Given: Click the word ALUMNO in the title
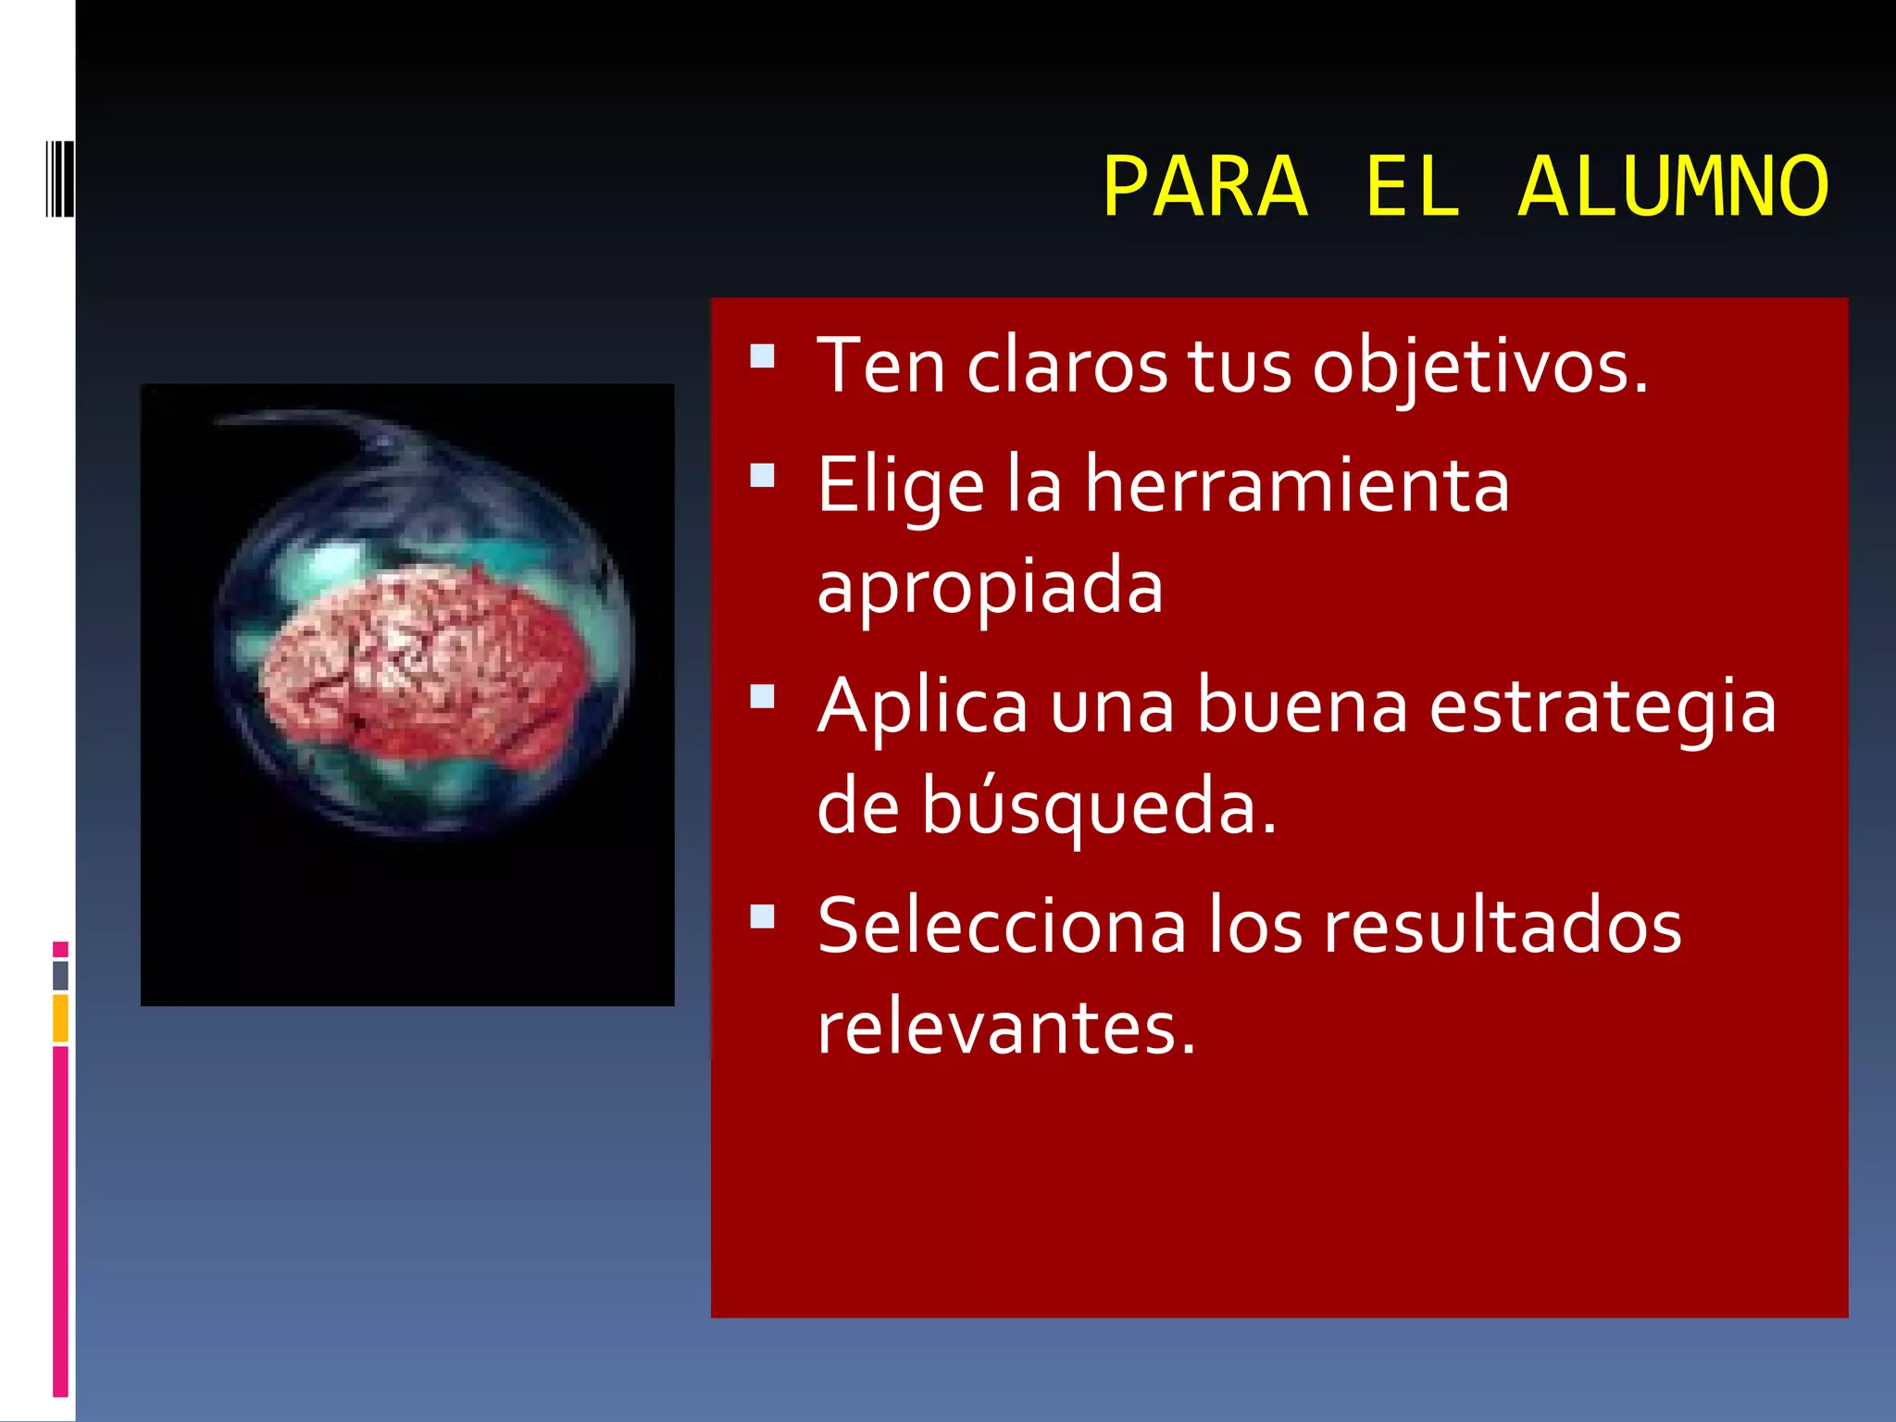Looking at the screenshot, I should (1674, 188).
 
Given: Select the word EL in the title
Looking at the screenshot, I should (1413, 188).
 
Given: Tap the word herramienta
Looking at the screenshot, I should (1297, 485).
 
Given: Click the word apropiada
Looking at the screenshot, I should (990, 586).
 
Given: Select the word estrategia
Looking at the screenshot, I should (1603, 706).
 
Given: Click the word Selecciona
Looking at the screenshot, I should (1001, 927).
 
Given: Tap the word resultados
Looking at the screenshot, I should (1502, 927).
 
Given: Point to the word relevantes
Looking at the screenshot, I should (1006, 1028).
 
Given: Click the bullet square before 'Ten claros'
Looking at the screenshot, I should (762, 356).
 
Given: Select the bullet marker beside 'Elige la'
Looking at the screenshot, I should (762, 476).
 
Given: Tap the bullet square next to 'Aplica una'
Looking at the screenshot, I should (762, 696).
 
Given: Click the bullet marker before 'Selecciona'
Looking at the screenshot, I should (762, 917).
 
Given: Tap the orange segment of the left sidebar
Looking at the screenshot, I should (60, 1018).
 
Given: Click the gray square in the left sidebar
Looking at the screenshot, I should (60, 975).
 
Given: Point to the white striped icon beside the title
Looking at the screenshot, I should (59, 179).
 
